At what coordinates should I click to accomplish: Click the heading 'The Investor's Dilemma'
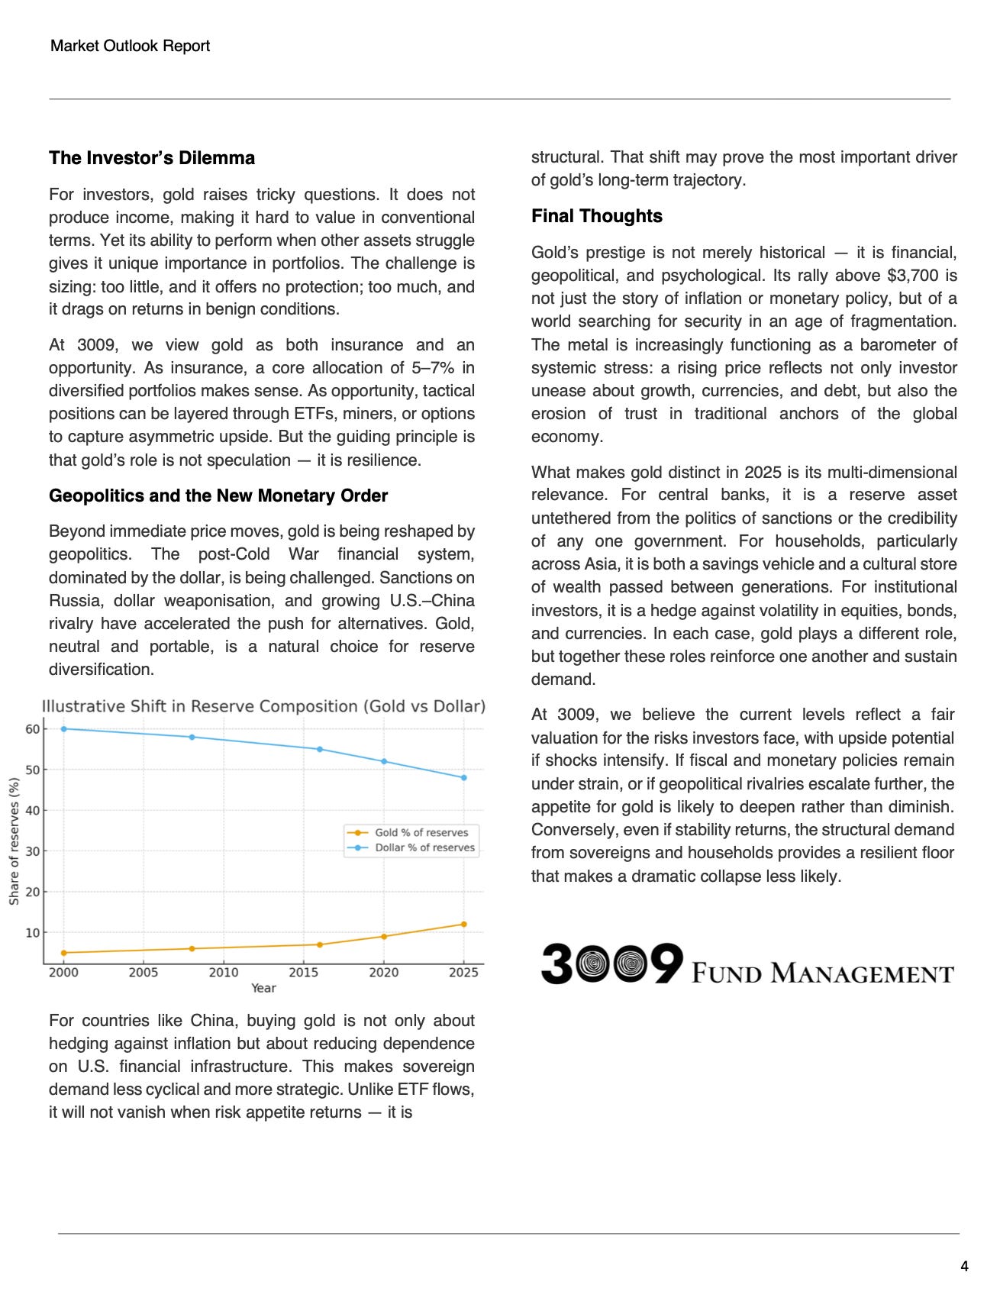(x=152, y=158)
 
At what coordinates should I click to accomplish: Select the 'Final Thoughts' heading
(x=597, y=216)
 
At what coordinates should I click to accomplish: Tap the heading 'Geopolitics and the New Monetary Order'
(x=218, y=496)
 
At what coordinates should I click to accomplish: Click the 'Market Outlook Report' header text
(x=130, y=46)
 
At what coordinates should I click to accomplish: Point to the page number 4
(x=964, y=1266)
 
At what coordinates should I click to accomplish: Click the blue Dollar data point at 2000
(x=63, y=729)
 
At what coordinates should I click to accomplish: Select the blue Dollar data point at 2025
(x=463, y=778)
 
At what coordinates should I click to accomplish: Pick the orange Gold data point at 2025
(x=463, y=925)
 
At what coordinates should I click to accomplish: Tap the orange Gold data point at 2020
(x=384, y=937)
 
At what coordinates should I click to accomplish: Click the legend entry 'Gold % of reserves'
(x=421, y=832)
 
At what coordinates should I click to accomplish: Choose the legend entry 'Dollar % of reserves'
(x=424, y=847)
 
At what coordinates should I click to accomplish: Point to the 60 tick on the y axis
(x=32, y=729)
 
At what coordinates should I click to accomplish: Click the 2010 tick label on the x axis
(x=224, y=973)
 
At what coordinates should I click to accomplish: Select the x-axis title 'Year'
(x=263, y=988)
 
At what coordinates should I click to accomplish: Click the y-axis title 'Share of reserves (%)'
(x=14, y=841)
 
